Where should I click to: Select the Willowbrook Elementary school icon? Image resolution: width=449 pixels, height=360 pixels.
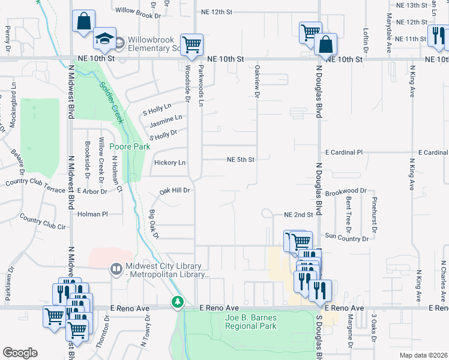click(104, 40)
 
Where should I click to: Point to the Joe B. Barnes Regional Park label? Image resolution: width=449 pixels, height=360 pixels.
click(250, 322)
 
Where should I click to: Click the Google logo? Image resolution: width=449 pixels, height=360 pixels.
click(20, 353)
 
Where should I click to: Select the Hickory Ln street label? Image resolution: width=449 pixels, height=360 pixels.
click(170, 163)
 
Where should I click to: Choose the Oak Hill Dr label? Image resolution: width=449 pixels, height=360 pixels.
click(175, 191)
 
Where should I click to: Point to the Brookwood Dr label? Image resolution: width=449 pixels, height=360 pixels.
click(345, 191)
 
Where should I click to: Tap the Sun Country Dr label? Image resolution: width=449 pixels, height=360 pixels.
click(346, 238)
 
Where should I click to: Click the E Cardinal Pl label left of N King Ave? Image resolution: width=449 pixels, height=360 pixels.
click(344, 153)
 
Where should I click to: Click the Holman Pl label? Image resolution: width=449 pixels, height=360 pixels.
click(92, 214)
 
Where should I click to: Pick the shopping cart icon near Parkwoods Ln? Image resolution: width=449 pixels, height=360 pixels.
click(191, 44)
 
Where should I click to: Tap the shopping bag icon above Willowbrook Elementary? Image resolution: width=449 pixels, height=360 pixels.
click(83, 22)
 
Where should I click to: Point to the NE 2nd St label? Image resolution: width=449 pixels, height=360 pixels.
click(299, 215)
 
